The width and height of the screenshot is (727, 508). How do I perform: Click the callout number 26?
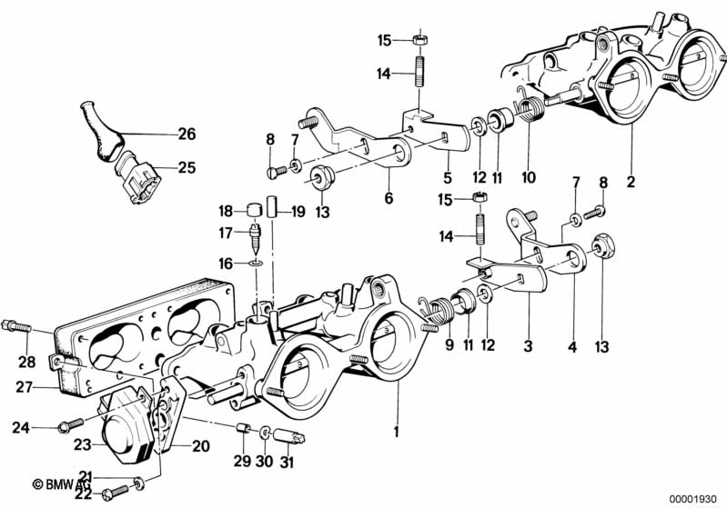pyautogui.click(x=187, y=134)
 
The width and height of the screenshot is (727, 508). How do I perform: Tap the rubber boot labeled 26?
pyautogui.click(x=101, y=132)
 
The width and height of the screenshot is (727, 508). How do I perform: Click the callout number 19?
pyautogui.click(x=298, y=212)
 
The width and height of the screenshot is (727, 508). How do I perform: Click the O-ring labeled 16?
pyautogui.click(x=256, y=264)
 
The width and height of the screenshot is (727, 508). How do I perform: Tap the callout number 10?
pyautogui.click(x=529, y=177)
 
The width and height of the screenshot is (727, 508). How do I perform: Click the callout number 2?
pyautogui.click(x=631, y=182)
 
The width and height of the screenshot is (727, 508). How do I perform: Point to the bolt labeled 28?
pyautogui.click(x=15, y=326)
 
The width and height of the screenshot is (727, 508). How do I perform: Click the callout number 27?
pyautogui.click(x=23, y=386)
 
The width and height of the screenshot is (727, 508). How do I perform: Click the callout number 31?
pyautogui.click(x=287, y=462)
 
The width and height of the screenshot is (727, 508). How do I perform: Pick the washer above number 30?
pyautogui.click(x=265, y=433)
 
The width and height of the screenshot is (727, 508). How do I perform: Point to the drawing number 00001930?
pyautogui.click(x=693, y=500)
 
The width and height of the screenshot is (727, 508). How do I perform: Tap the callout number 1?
pyautogui.click(x=396, y=432)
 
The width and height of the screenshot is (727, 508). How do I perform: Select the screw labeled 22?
pyautogui.click(x=115, y=493)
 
